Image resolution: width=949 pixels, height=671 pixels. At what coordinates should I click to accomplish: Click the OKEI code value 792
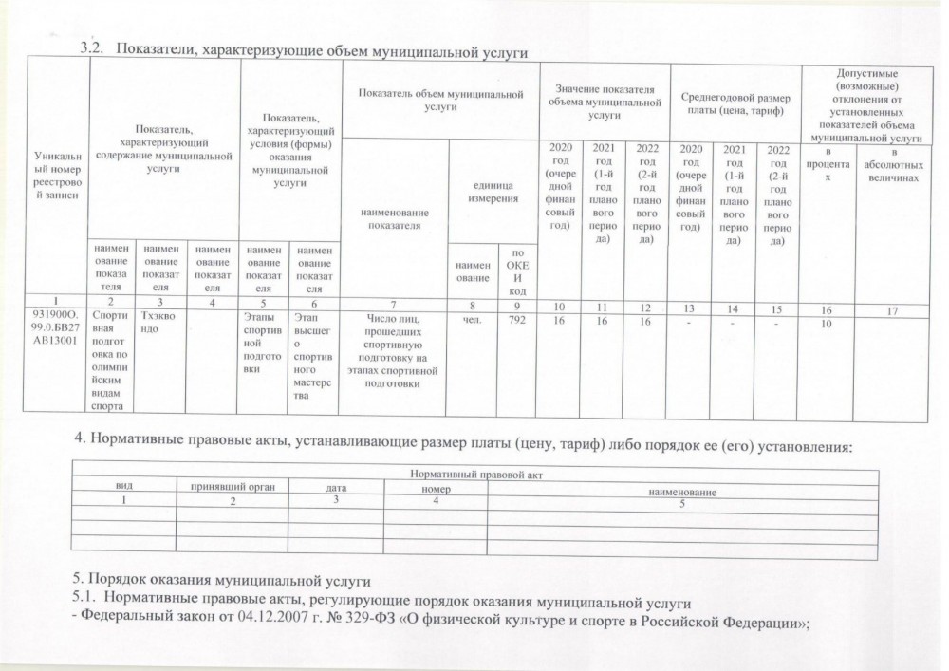(516, 321)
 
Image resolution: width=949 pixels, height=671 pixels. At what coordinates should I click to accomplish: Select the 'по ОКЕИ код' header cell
(517, 271)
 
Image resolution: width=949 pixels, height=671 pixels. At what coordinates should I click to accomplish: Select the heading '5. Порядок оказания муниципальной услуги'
(220, 579)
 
